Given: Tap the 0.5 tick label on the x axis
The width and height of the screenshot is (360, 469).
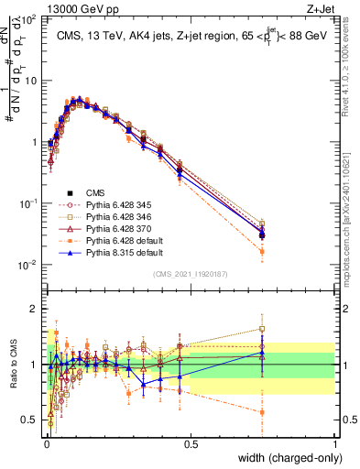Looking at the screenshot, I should coord(191,443).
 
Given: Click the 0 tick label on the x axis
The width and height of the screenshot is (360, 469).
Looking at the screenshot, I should coord(47,443).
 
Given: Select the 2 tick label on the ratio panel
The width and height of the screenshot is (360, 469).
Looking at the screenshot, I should coord(36,308).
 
